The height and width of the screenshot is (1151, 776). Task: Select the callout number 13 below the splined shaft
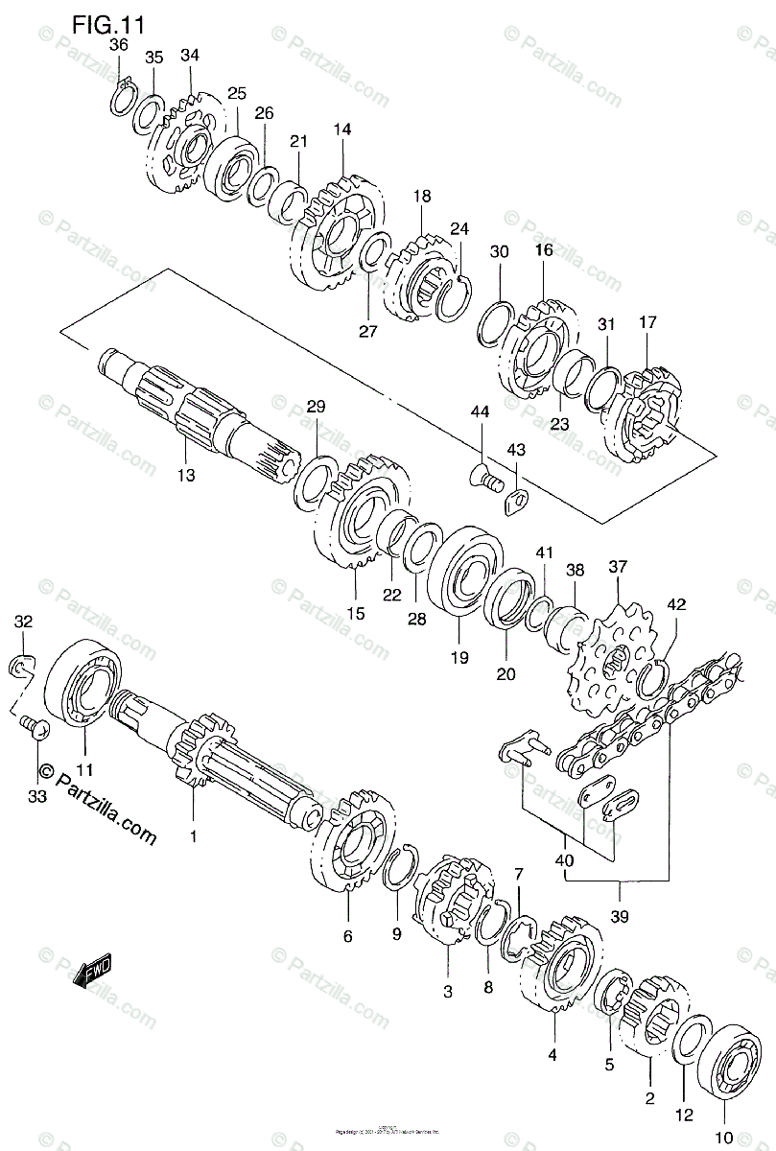tap(185, 474)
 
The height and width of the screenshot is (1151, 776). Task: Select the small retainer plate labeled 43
tap(517, 499)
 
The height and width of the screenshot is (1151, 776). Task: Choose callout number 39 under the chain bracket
tap(619, 916)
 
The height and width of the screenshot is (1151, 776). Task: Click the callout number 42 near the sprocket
tap(677, 604)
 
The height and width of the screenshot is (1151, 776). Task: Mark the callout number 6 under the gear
tap(347, 936)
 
